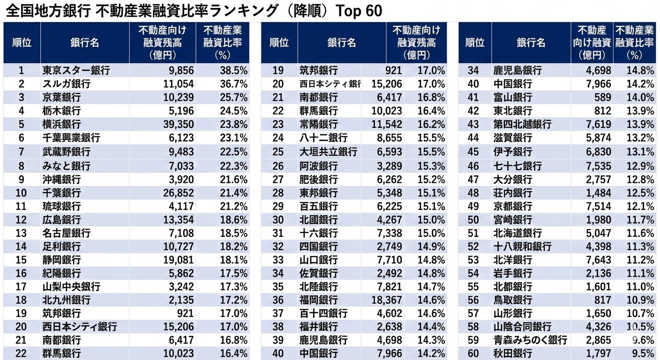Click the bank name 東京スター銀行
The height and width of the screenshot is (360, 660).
point(76,70)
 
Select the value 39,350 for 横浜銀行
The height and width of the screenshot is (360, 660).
point(174,125)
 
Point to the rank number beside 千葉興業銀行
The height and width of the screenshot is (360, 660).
point(21,138)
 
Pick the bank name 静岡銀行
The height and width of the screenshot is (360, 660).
point(61,260)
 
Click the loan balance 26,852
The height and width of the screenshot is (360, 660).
point(174,192)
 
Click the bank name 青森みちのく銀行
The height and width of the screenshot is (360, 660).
point(530,340)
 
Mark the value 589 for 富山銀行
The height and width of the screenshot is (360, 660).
point(601,97)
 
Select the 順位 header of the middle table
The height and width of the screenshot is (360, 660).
point(279,43)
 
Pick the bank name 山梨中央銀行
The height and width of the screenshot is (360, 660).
point(71,286)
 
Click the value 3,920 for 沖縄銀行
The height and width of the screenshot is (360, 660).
point(179,179)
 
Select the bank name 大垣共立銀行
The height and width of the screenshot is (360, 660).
point(328,152)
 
